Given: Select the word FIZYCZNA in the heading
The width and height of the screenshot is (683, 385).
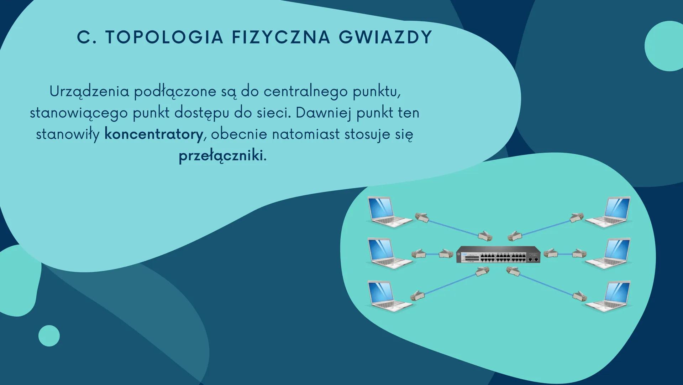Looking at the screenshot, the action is click(281, 37).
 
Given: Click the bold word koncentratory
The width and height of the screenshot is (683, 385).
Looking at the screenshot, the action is click(154, 134).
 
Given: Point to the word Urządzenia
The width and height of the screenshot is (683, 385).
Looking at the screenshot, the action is click(89, 92).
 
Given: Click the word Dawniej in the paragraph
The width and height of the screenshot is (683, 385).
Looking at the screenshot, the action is click(324, 113).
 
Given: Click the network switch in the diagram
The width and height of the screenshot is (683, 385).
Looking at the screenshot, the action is click(498, 255).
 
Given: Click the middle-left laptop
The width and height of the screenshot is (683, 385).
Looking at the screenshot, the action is click(389, 254).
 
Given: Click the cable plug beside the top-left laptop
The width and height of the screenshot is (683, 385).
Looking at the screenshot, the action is click(422, 217).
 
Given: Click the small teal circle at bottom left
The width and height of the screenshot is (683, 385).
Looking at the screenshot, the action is click(49, 336).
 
